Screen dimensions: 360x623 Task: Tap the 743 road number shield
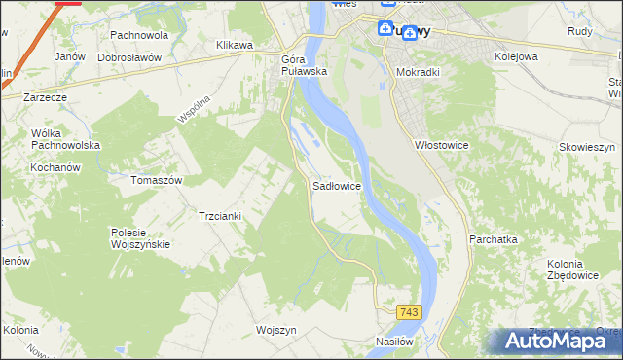click(409, 311)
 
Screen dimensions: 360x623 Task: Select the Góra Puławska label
click(302, 65)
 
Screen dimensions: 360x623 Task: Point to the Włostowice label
click(443, 145)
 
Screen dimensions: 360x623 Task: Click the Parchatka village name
click(493, 238)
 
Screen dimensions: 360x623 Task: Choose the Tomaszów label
click(157, 180)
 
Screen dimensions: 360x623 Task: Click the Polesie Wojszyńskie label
click(141, 238)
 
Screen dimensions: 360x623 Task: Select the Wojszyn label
click(275, 330)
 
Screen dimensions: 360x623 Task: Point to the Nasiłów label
click(396, 342)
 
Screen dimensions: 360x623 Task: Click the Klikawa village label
click(235, 45)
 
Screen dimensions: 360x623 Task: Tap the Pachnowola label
click(139, 35)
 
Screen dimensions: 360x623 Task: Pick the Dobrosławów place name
click(128, 57)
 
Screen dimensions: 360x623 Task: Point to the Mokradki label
click(420, 71)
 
